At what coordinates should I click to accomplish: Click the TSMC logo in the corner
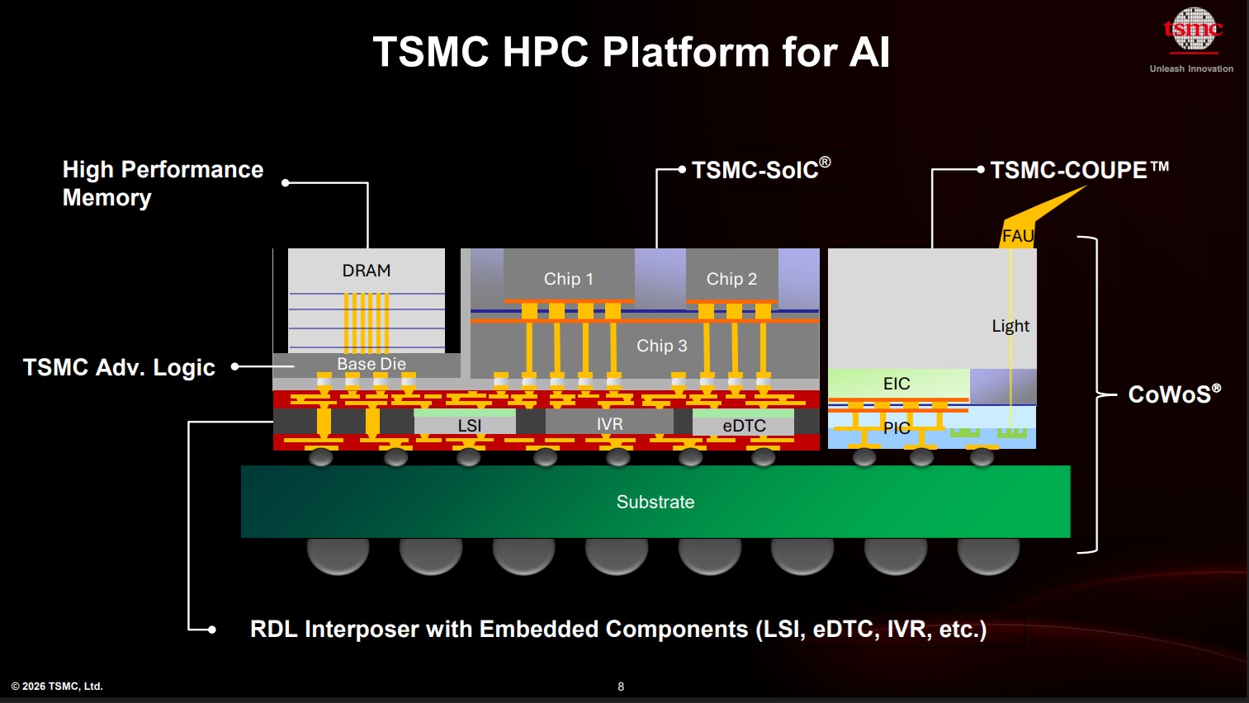[x=1192, y=31]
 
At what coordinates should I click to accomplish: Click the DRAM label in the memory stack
[x=367, y=271]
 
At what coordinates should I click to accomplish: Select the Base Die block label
[x=371, y=364]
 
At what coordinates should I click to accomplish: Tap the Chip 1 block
[x=569, y=279]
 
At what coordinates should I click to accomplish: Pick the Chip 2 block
[x=731, y=279]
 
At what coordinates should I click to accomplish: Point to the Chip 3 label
[x=661, y=346]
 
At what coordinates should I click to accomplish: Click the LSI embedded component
[x=469, y=425]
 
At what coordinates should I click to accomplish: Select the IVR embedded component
[x=609, y=424]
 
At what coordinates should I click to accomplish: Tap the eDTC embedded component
[x=744, y=426]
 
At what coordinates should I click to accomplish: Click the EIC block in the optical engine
[x=897, y=384]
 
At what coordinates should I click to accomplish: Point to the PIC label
[x=897, y=427]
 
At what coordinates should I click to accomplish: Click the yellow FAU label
[x=1017, y=236]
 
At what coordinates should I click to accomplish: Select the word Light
[x=1010, y=326]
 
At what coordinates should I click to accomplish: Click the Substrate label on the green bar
[x=655, y=502]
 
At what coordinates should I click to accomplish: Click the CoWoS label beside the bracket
[x=1174, y=394]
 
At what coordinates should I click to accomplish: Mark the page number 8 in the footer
[x=621, y=686]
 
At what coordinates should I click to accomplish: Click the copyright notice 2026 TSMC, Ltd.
[x=57, y=686]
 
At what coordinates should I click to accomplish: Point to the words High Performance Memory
[x=163, y=183]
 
